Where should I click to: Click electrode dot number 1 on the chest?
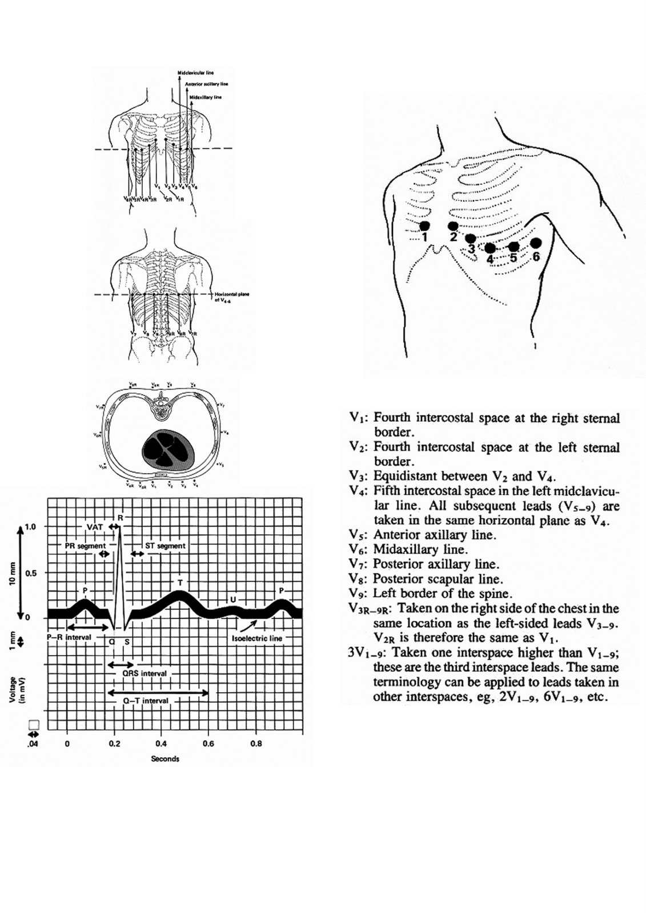click(x=424, y=225)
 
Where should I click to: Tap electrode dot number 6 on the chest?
click(x=535, y=243)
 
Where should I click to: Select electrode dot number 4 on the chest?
click(x=489, y=248)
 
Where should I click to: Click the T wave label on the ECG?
click(x=180, y=582)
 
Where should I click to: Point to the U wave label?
click(x=232, y=599)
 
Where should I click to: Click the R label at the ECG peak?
click(x=120, y=517)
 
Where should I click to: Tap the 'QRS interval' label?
click(x=145, y=673)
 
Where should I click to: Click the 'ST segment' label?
click(x=165, y=546)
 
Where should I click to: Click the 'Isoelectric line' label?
click(x=257, y=639)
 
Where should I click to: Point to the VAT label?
click(x=95, y=527)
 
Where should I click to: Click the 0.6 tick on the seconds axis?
click(x=208, y=744)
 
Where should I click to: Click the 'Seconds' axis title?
click(x=165, y=759)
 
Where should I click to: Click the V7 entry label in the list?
click(x=359, y=565)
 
